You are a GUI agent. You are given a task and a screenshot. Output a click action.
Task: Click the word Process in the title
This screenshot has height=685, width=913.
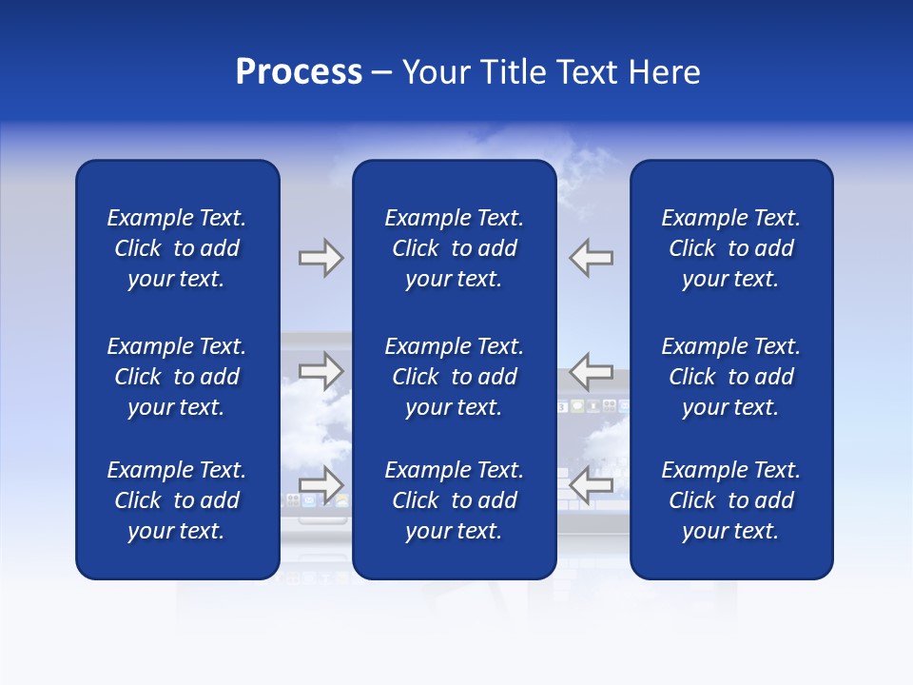(x=299, y=72)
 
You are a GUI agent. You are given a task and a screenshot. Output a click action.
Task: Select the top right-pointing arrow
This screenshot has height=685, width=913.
(x=321, y=258)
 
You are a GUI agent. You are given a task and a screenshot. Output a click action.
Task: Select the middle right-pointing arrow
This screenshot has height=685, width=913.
(x=321, y=371)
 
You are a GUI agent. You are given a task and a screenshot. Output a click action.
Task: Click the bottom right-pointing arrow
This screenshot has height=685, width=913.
(x=321, y=484)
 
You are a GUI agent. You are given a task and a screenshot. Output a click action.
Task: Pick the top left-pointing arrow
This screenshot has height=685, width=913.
(x=592, y=258)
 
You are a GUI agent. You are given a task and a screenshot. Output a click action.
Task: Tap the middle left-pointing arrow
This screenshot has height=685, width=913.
(x=592, y=371)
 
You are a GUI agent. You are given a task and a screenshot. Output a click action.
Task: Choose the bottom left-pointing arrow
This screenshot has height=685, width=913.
(x=592, y=486)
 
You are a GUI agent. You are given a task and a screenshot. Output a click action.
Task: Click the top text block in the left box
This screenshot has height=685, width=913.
(x=177, y=248)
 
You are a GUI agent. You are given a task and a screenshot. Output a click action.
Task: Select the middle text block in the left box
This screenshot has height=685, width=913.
(x=177, y=377)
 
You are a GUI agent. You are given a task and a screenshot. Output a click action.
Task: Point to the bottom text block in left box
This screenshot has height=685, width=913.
(x=177, y=500)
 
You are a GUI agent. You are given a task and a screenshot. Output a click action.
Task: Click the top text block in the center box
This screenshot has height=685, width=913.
(x=454, y=248)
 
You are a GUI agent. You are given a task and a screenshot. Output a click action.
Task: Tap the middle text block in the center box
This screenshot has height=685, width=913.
(x=454, y=377)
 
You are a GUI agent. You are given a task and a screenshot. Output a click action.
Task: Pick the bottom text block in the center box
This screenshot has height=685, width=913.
(x=454, y=500)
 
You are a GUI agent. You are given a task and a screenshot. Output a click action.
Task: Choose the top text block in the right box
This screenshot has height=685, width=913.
(x=730, y=248)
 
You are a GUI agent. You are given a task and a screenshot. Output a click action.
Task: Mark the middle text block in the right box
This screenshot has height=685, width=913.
(x=730, y=377)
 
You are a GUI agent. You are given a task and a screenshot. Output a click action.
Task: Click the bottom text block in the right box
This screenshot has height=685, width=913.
(x=730, y=500)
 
